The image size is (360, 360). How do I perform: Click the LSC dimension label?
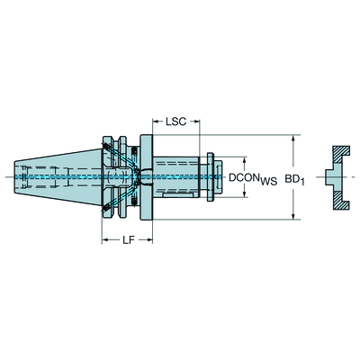(x=176, y=121)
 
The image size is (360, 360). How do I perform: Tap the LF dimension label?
(x=128, y=239)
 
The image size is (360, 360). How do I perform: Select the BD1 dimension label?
(x=294, y=179)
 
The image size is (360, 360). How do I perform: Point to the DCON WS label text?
(x=253, y=179)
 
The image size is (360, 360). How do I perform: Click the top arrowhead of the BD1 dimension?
(x=294, y=138)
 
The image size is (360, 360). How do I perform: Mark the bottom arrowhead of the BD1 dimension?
(x=294, y=216)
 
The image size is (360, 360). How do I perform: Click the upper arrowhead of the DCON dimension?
(x=245, y=160)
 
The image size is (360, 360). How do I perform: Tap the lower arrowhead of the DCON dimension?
(x=245, y=193)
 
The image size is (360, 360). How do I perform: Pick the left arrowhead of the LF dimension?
(x=105, y=239)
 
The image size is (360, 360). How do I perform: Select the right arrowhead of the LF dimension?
(x=149, y=239)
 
